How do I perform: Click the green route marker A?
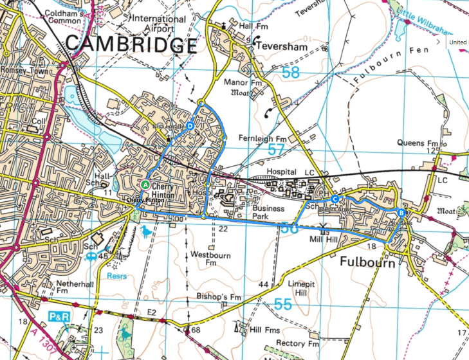pos(145,184)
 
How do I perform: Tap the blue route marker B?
pos(401,213)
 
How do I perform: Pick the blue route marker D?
pos(190,126)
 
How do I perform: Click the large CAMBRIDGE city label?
pos(131,46)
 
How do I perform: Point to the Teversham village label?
pos(279,47)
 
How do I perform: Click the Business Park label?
pos(268,213)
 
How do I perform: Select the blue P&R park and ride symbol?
pos(57,318)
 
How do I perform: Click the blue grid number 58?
pos(291,73)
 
